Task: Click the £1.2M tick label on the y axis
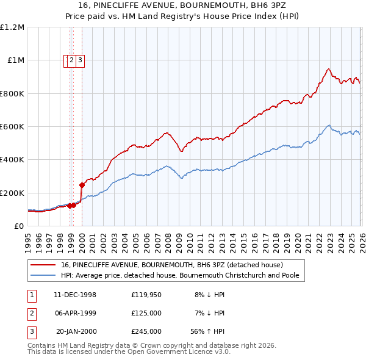point(12,27)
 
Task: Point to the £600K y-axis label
point(12,127)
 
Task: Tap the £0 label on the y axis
point(18,226)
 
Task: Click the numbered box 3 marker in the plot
point(80,60)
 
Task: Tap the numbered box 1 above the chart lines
point(65,60)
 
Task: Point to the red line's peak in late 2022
point(328,69)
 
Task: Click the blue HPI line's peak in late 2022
point(328,126)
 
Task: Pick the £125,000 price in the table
point(146,313)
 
